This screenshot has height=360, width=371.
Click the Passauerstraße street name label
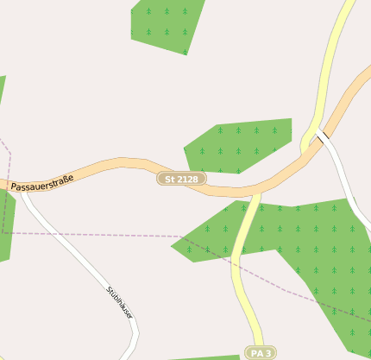[42, 182]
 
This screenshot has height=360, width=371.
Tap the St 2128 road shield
[181, 179]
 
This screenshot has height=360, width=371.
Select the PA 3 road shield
[261, 353]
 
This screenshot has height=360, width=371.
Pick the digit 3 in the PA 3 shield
[268, 353]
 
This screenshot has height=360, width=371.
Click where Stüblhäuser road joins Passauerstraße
[22, 192]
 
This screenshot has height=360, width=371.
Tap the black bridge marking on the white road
[323, 136]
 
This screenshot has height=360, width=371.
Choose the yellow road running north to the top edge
[332, 60]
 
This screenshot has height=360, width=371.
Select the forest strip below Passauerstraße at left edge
[6, 224]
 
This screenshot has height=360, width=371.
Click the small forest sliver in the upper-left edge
[2, 86]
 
